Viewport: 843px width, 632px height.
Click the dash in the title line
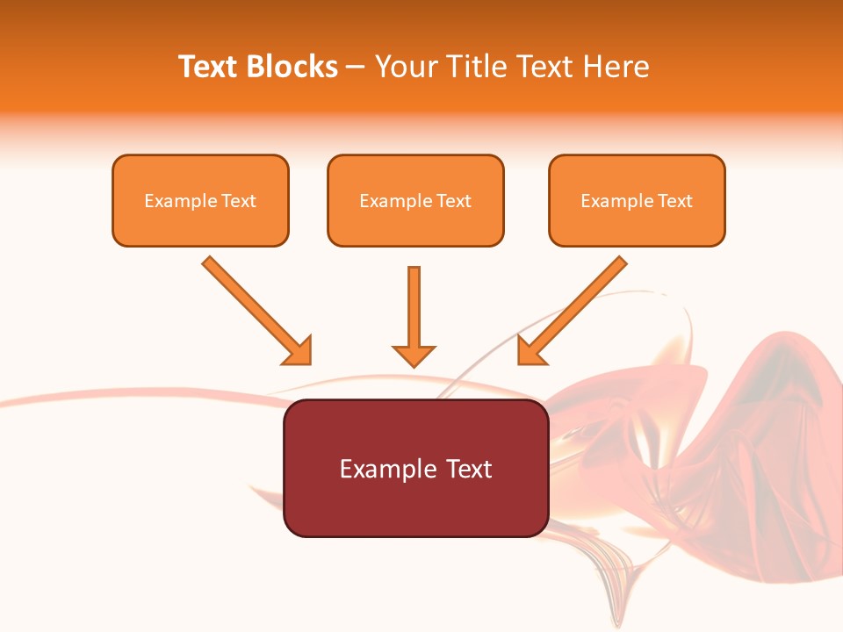coord(356,68)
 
